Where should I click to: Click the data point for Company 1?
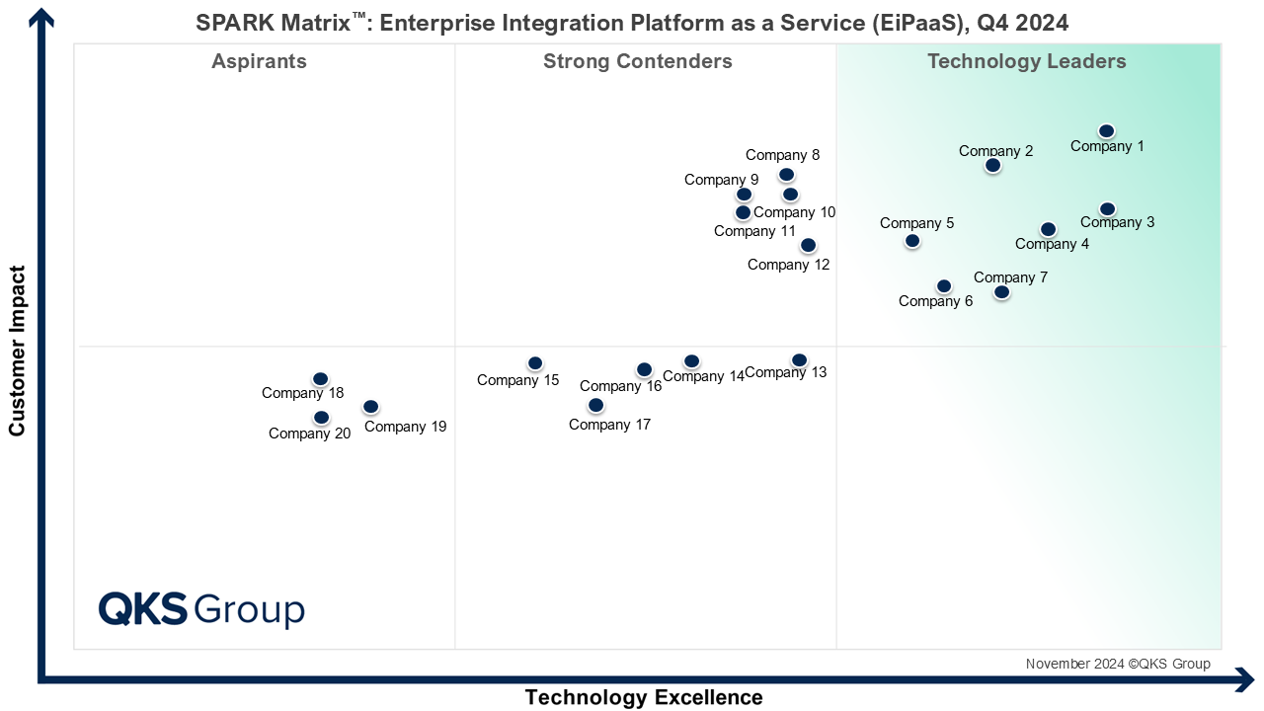tap(1106, 131)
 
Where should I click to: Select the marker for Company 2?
tap(992, 166)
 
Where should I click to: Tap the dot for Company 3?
tap(1107, 209)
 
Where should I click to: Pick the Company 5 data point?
tap(912, 241)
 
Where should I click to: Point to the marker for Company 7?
tap(1001, 292)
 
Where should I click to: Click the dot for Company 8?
tap(786, 175)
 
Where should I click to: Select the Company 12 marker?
tap(808, 245)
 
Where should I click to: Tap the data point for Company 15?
tap(535, 363)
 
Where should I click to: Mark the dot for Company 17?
tap(595, 406)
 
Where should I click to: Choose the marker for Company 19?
tap(370, 407)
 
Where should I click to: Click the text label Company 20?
tap(309, 434)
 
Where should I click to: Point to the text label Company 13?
tap(786, 373)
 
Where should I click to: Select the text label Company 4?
tap(1052, 245)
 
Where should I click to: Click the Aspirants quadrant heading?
tap(259, 62)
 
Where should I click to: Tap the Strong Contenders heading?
tap(637, 62)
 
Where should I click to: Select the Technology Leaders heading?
tap(1026, 62)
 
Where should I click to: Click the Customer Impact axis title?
tap(17, 351)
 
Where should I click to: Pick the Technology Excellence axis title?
tap(644, 697)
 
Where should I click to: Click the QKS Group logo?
tap(201, 609)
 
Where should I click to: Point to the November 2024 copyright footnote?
tap(1117, 664)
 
